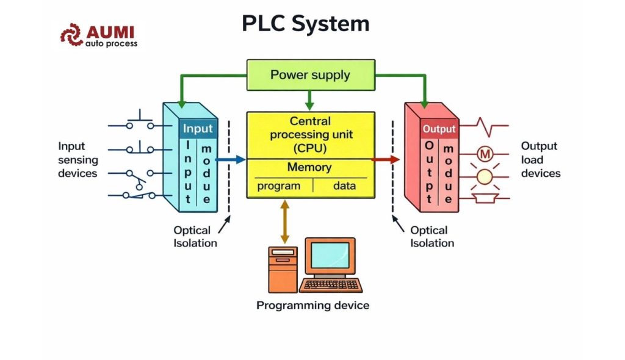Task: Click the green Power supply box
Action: [x=310, y=75]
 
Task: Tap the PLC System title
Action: [x=305, y=24]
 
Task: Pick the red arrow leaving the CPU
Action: [x=385, y=159]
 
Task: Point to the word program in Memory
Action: [x=278, y=186]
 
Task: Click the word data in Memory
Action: [x=344, y=186]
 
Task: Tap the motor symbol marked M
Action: [x=485, y=154]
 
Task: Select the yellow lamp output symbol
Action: [x=485, y=177]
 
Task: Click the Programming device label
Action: [x=312, y=304]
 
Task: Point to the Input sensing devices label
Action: [x=78, y=160]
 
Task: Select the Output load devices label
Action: [x=540, y=160]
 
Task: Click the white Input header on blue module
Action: [x=198, y=129]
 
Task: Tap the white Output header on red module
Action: [x=439, y=129]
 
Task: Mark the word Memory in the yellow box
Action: [x=309, y=167]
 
